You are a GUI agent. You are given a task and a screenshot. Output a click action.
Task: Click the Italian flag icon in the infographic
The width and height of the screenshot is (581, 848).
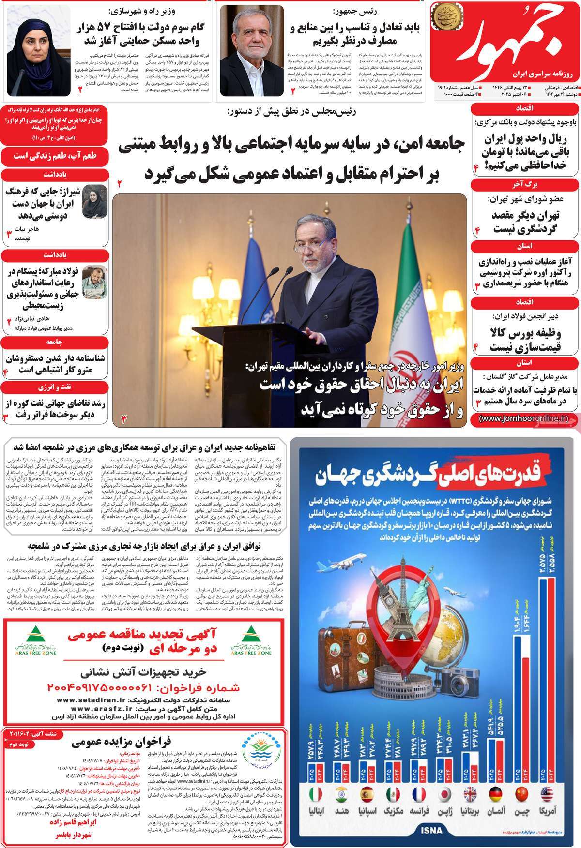(316, 794)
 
